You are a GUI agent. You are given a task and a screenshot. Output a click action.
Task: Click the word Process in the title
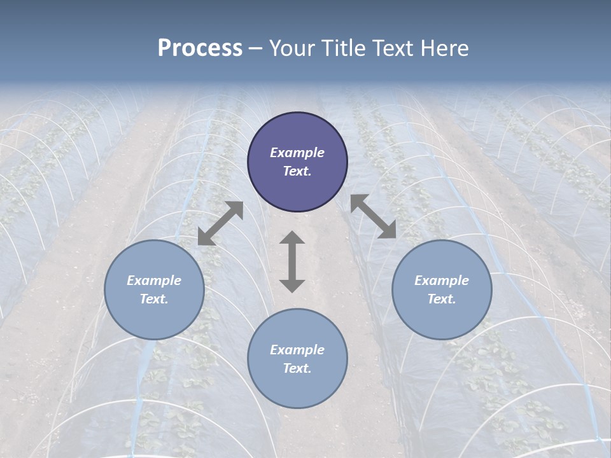[200, 48]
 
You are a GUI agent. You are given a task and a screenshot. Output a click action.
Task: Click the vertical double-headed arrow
[292, 261]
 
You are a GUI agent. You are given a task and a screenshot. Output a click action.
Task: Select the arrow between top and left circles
[220, 223]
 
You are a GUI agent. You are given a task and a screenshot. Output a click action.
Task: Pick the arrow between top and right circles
[373, 216]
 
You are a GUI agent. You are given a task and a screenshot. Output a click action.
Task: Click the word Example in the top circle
[297, 153]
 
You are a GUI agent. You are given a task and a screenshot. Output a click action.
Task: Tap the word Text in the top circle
[297, 172]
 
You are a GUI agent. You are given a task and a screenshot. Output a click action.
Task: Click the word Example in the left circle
[154, 281]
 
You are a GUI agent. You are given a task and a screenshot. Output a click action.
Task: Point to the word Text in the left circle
[154, 300]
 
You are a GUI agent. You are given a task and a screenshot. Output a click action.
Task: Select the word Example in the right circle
[442, 281]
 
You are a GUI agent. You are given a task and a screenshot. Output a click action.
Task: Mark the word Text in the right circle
[442, 300]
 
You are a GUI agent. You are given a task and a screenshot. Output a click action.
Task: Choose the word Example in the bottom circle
[297, 350]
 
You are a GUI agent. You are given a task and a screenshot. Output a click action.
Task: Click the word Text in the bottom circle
[297, 369]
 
